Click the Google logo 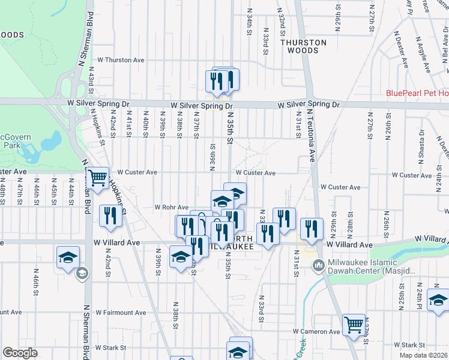(x=20, y=353)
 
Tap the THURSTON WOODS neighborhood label (x=303, y=46)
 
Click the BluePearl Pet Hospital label (x=417, y=93)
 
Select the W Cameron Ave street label (x=316, y=331)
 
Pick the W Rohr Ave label (x=172, y=207)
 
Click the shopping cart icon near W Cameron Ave (x=354, y=325)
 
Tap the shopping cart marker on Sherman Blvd (x=97, y=178)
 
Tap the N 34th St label (x=248, y=24)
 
